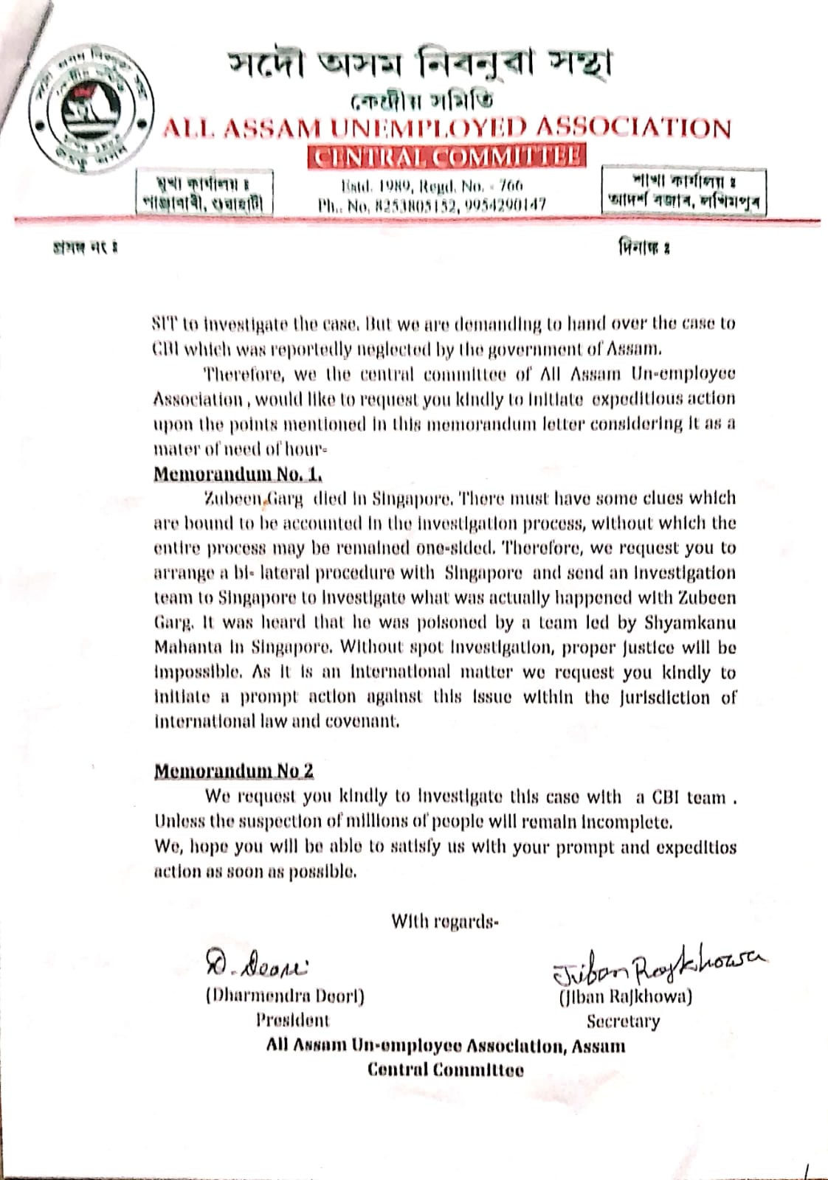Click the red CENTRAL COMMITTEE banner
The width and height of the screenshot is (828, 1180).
click(447, 157)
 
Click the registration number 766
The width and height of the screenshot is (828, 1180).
click(509, 185)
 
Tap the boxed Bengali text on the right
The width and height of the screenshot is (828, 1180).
click(683, 191)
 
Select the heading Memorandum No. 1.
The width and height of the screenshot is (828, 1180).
click(238, 473)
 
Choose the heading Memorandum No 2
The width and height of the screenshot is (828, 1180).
click(233, 771)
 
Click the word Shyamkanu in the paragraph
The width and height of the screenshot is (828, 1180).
click(690, 622)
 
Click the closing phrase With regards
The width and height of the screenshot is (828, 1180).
click(444, 921)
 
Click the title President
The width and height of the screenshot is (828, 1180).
click(292, 1021)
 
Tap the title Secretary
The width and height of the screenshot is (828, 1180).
click(623, 1021)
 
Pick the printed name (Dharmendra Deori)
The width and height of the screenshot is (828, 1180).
click(285, 996)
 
